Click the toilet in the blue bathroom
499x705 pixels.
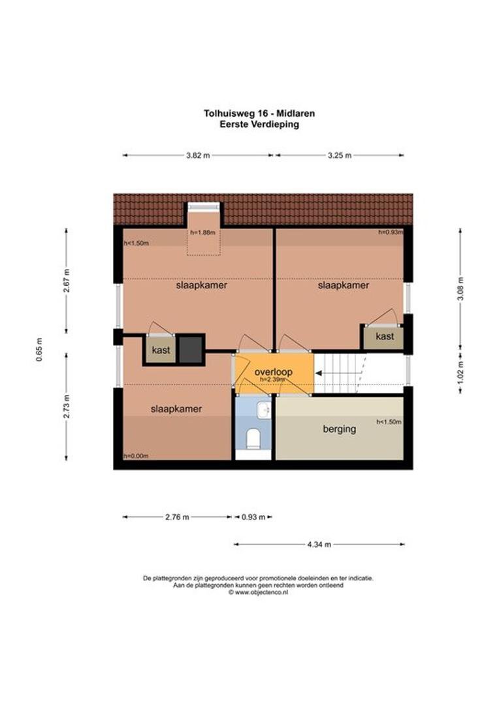pyautogui.click(x=254, y=439)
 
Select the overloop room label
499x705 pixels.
pyautogui.click(x=273, y=372)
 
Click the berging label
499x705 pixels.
pyautogui.click(x=339, y=429)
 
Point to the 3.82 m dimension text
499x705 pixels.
pyautogui.click(x=198, y=155)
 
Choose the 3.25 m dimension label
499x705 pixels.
pyautogui.click(x=340, y=155)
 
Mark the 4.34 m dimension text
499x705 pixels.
pyautogui.click(x=319, y=544)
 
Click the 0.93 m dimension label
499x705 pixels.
pyautogui.click(x=254, y=517)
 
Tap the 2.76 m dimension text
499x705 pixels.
pyautogui.click(x=177, y=517)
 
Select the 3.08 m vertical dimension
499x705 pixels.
pyautogui.click(x=460, y=289)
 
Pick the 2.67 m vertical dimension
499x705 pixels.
pyautogui.click(x=67, y=281)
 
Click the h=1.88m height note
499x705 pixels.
pyautogui.click(x=203, y=233)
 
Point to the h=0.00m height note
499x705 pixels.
pyautogui.click(x=137, y=456)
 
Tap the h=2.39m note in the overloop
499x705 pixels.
pyautogui.click(x=272, y=379)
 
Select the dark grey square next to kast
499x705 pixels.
pyautogui.click(x=191, y=349)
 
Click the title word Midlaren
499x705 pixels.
pyautogui.click(x=296, y=114)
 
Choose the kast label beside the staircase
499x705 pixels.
pyautogui.click(x=385, y=336)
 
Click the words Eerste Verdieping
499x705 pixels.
pyautogui.click(x=260, y=125)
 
